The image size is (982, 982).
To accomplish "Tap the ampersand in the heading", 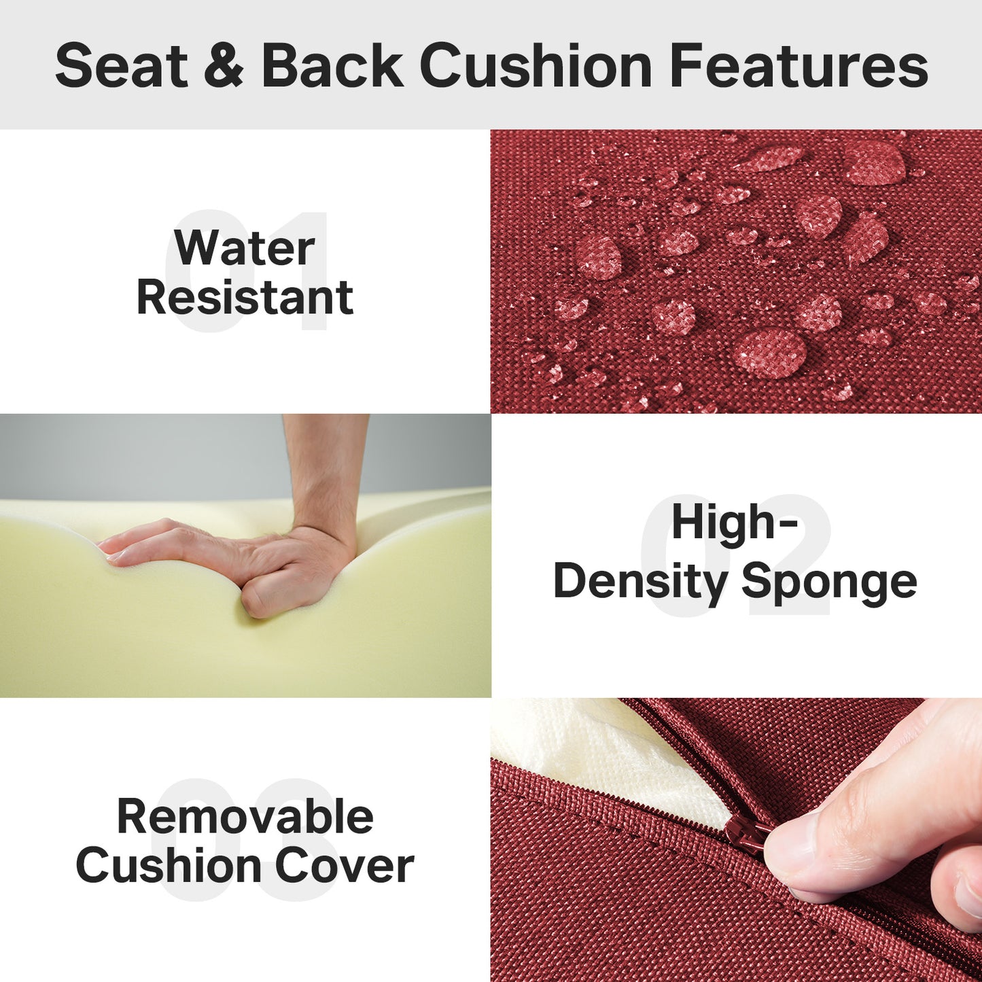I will [x=224, y=66].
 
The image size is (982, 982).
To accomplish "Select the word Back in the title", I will [x=332, y=66].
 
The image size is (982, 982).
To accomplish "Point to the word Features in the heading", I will [x=799, y=66].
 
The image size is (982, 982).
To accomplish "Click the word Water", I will [x=245, y=248].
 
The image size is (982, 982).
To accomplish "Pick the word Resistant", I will [x=245, y=297].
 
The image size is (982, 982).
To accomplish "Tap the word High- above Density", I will [x=735, y=522].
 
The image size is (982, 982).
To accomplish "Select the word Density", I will [x=639, y=582].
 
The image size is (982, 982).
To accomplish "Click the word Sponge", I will [x=829, y=582].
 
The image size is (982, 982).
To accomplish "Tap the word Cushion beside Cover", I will [x=171, y=866].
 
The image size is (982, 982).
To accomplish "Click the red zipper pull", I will [x=747, y=835].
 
